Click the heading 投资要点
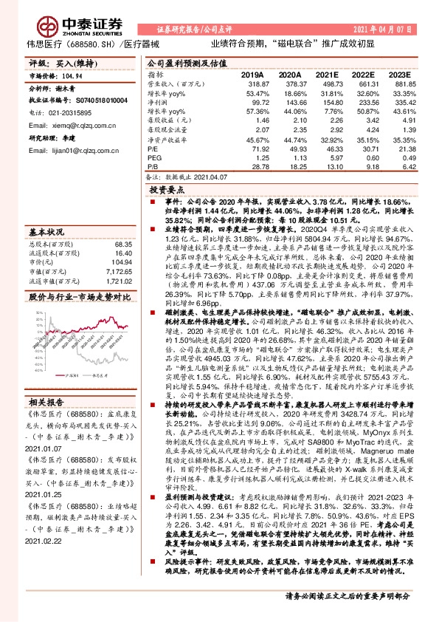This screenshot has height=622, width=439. click(x=165, y=190)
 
